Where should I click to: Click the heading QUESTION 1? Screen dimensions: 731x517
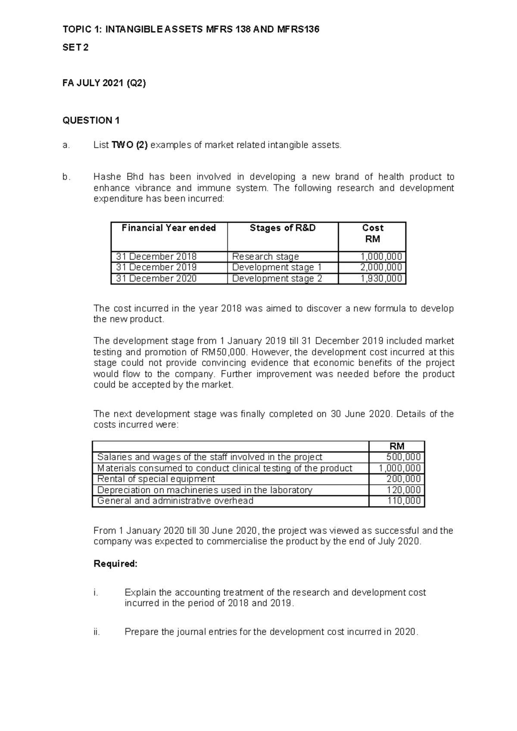(x=91, y=121)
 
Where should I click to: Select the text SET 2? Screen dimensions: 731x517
(x=75, y=48)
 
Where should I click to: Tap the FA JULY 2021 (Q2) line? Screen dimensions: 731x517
(x=104, y=84)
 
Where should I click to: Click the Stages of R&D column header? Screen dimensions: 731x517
(x=283, y=228)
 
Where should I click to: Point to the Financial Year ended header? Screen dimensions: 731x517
(x=169, y=228)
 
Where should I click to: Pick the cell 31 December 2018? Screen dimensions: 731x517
(x=156, y=257)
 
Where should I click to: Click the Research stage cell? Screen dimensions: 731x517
(x=265, y=257)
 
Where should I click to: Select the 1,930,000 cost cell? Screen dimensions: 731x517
(x=381, y=279)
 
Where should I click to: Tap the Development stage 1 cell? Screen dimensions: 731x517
(x=277, y=268)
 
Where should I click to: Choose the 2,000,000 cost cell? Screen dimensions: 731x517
(x=381, y=268)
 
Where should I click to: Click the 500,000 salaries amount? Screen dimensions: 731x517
(x=404, y=457)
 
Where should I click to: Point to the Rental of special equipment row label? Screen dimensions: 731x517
(x=156, y=479)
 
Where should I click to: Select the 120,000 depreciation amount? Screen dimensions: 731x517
(x=404, y=490)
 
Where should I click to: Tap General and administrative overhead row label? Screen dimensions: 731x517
(x=175, y=501)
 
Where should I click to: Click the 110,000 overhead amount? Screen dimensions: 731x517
(x=404, y=501)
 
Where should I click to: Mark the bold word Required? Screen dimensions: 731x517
(x=115, y=564)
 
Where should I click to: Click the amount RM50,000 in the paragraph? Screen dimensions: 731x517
(x=220, y=352)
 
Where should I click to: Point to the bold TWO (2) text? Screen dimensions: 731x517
(x=129, y=145)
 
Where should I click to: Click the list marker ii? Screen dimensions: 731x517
(x=97, y=632)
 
